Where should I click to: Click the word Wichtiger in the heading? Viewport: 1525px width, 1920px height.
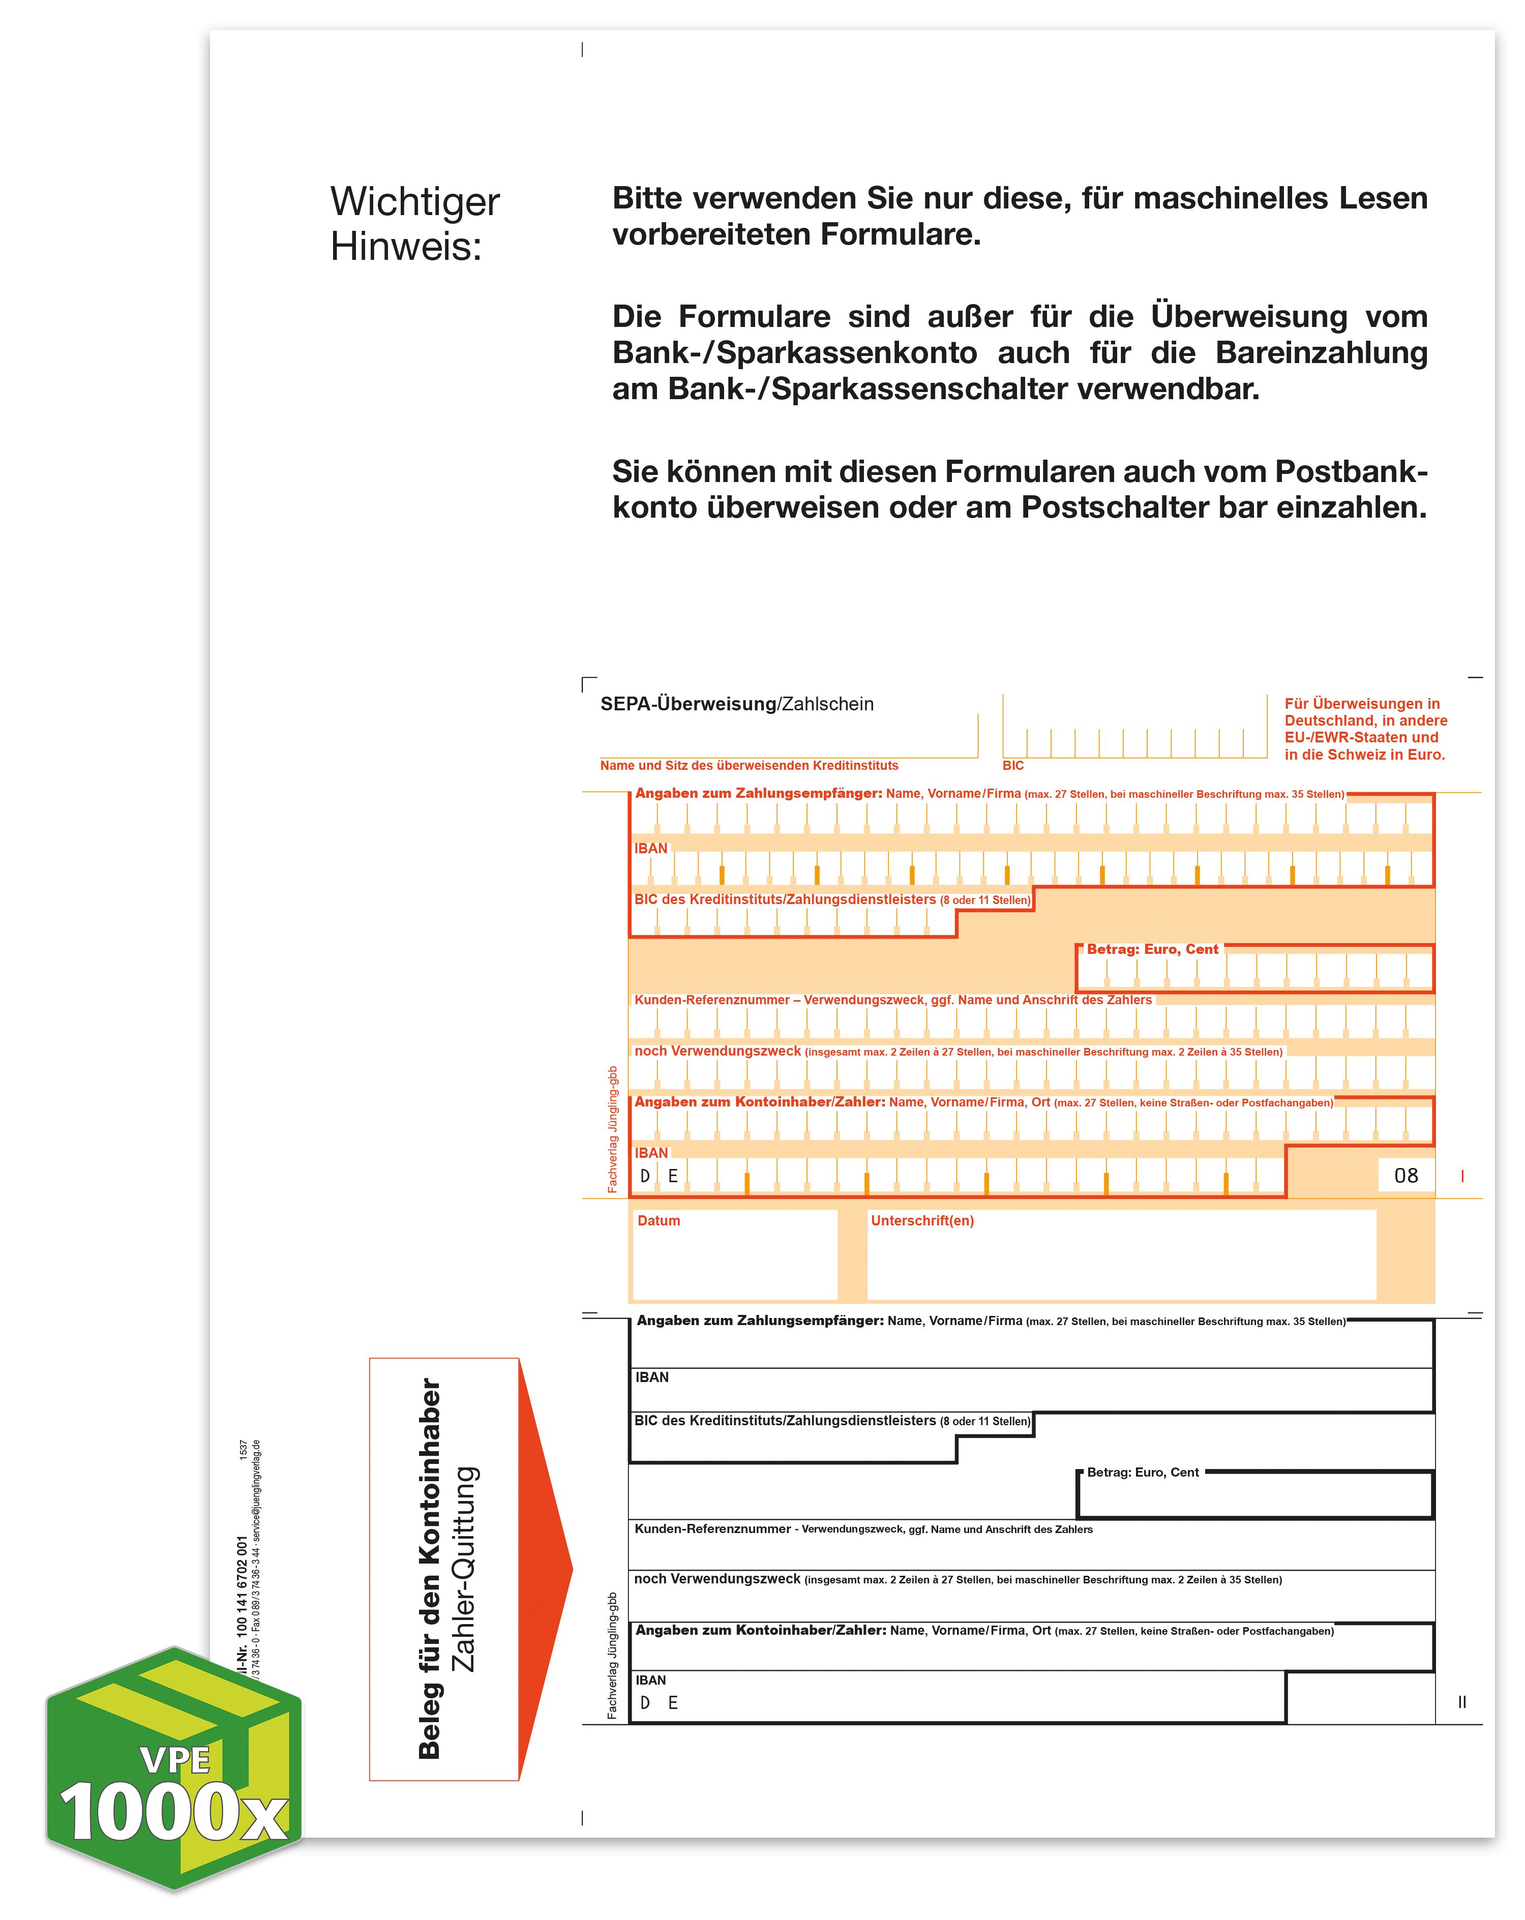click(x=414, y=203)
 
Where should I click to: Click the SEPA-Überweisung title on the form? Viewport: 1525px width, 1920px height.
click(x=687, y=704)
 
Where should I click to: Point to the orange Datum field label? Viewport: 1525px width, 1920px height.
click(x=659, y=1221)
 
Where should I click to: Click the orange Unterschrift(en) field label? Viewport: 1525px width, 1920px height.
click(x=922, y=1221)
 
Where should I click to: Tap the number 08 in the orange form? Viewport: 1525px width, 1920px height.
click(x=1406, y=1176)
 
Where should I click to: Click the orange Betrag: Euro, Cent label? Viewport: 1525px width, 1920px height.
click(x=1152, y=949)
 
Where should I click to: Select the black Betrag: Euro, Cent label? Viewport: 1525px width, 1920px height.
click(x=1143, y=1472)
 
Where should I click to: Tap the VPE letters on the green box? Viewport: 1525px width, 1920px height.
click(x=175, y=1761)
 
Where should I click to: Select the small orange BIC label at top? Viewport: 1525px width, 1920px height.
click(x=1013, y=766)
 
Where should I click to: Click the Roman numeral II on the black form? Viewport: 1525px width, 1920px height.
click(x=1462, y=1702)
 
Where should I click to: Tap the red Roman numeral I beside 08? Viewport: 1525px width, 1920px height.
click(x=1462, y=1177)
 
